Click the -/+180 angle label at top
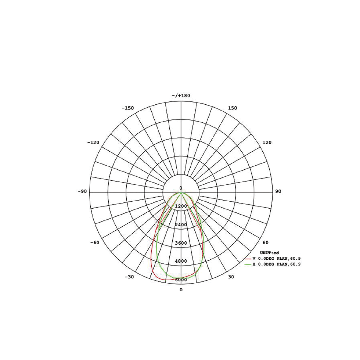pos(181,96)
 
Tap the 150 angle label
pos(232,108)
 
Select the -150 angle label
pos(128,108)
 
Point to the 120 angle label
pos(267,143)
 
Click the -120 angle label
pos(93,143)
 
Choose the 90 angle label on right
pos(278,191)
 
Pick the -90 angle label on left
pos(82,191)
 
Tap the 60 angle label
pos(265,242)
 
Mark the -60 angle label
pos(95,242)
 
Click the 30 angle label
pos(231,277)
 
